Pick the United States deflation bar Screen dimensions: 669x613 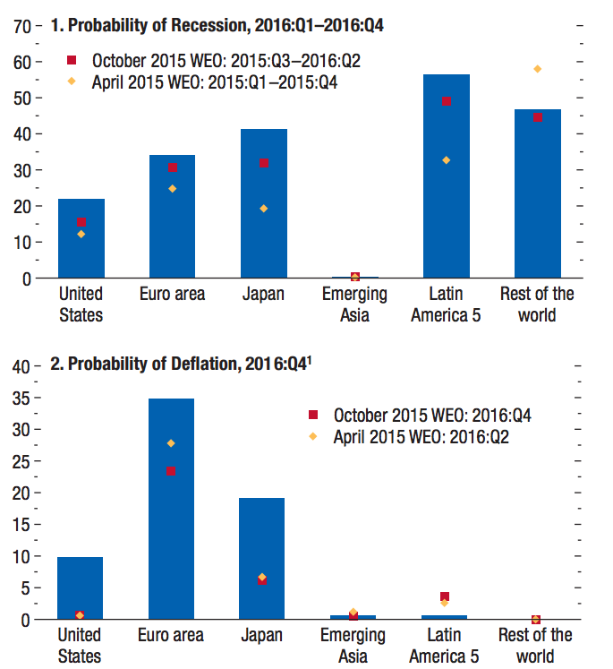coord(80,591)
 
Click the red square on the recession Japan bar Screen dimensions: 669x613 coord(263,164)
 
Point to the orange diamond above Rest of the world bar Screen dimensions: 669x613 coord(538,69)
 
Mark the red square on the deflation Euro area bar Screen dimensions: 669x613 coord(171,472)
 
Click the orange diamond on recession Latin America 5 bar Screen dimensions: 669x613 coord(446,160)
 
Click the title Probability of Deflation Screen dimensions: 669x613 coord(189,365)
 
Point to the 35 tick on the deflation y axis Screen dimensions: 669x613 coord(21,398)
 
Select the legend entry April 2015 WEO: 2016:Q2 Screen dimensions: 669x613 coord(420,437)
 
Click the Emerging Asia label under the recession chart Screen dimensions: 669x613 coord(354,304)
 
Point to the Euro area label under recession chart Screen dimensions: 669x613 coord(172,294)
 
